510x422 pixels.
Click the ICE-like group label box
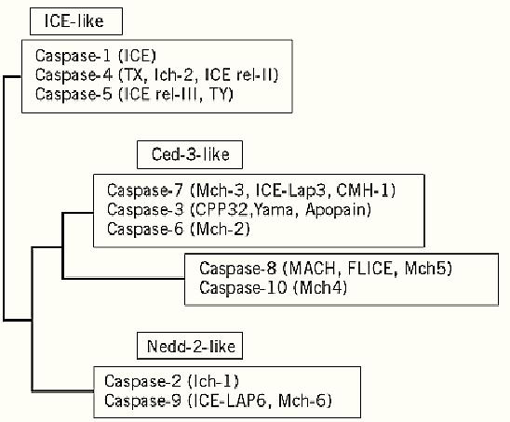pos(76,21)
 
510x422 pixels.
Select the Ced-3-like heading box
pos(190,154)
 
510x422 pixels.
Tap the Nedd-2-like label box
pos(190,346)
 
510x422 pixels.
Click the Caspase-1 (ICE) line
pos(96,56)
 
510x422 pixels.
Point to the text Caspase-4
pos(74,75)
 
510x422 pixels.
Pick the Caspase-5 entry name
pos(74,94)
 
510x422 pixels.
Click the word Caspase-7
pos(145,190)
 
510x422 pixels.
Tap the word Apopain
pos(336,210)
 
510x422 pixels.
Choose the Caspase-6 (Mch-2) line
pos(179,229)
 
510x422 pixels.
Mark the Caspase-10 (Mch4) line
pos(274,288)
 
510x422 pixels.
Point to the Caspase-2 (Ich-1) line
pos(172,381)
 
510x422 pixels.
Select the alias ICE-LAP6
pos(232,401)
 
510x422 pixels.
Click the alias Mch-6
pos(302,401)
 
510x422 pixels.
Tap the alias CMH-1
pos(362,190)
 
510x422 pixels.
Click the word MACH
pos(313,269)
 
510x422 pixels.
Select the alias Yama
pos(273,210)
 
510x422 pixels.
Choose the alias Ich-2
pos(175,75)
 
